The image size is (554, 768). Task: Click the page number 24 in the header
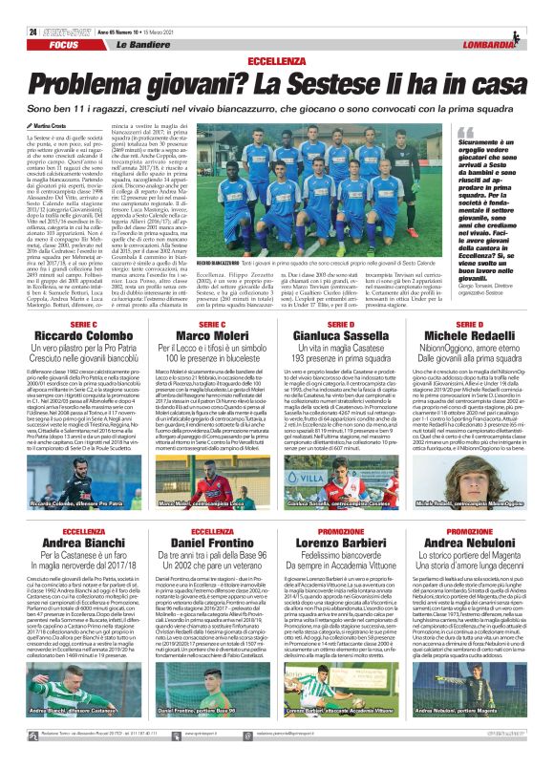33,7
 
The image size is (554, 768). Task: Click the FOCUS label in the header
65,18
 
